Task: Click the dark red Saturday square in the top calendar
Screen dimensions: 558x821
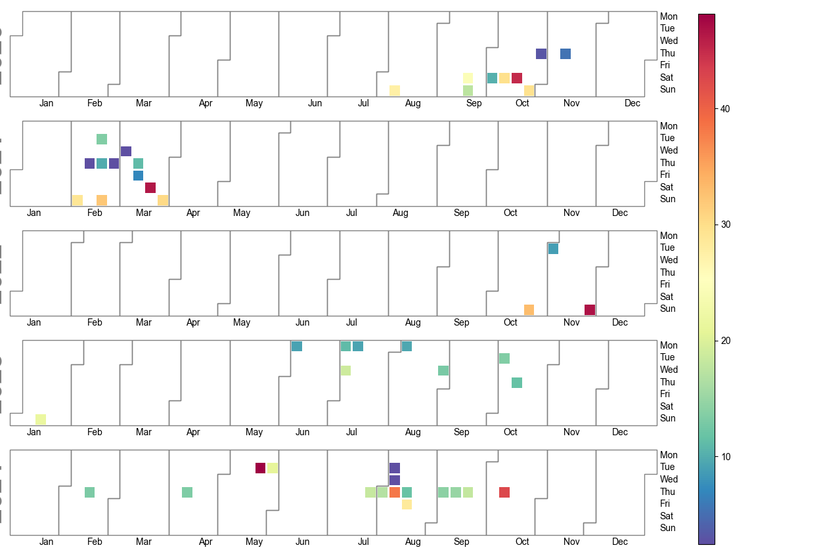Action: [x=517, y=78]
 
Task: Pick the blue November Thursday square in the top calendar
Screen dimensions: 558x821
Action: [x=566, y=54]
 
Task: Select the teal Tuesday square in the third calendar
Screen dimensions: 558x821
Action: [x=553, y=249]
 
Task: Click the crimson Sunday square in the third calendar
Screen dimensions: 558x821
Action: [x=590, y=310]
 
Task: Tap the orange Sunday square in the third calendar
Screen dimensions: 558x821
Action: [x=529, y=310]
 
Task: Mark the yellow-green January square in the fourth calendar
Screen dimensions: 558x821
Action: [x=41, y=419]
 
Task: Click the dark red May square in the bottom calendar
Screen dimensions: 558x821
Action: [x=260, y=468]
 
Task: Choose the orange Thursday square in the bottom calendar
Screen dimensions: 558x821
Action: [x=395, y=492]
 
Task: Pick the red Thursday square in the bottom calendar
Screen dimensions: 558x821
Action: [x=504, y=492]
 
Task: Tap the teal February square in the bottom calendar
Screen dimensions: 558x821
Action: [x=89, y=492]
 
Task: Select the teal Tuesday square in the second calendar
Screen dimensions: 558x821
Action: [x=102, y=139]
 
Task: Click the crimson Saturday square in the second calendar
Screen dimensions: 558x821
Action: [x=150, y=188]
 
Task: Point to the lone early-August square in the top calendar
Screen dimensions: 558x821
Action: [x=395, y=91]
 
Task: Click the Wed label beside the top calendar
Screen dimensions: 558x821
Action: [x=669, y=41]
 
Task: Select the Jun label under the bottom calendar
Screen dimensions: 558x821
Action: [x=303, y=542]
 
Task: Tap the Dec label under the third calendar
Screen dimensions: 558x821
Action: [x=620, y=322]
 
